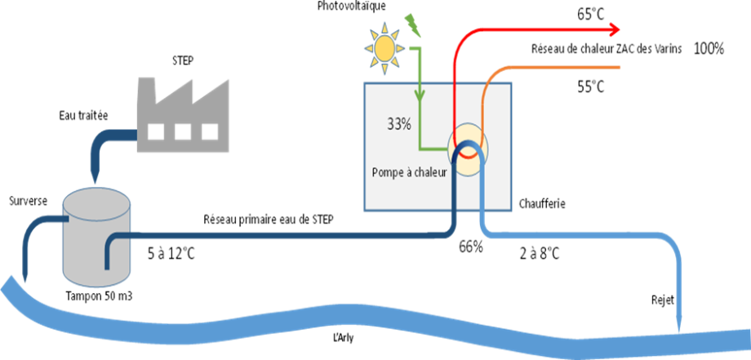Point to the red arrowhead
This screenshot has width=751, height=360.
[613, 29]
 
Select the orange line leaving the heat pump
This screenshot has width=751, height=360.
[555, 67]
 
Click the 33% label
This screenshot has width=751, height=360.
[399, 126]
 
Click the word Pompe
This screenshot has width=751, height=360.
[389, 172]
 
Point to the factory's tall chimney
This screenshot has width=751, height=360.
[147, 98]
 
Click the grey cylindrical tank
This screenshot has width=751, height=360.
[97, 245]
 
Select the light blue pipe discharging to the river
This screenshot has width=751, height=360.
[588, 237]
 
